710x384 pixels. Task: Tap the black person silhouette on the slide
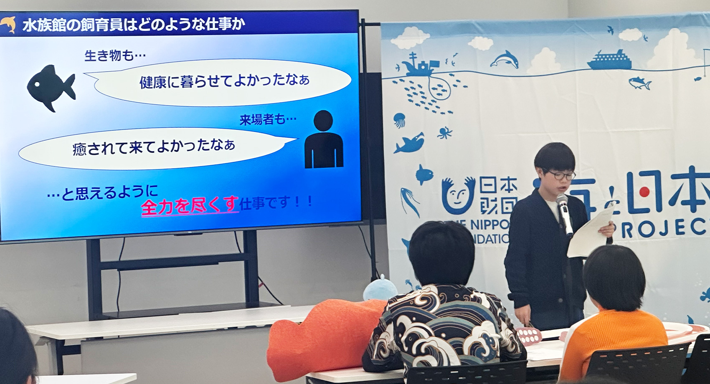click(324, 140)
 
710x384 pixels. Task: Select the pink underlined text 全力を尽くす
click(190, 206)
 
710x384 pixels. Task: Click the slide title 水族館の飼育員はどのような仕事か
click(134, 25)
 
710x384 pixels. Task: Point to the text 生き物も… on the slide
click(115, 55)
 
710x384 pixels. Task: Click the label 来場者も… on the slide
click(268, 120)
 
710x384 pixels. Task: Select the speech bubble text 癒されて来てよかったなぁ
click(154, 147)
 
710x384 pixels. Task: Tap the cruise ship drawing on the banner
click(609, 61)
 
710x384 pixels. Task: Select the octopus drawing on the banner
click(444, 133)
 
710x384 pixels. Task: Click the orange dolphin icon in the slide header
click(8, 24)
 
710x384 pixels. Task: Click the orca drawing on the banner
click(410, 143)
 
